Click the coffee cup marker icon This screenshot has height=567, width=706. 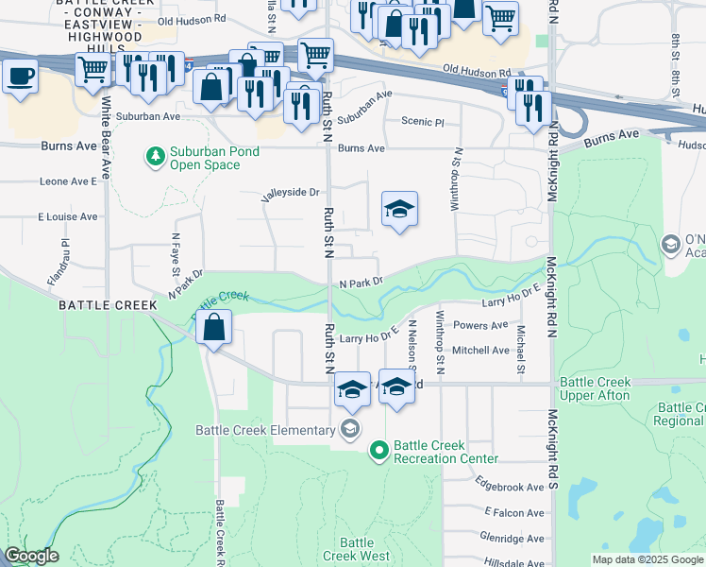pos(20,77)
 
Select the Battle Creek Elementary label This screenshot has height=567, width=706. pos(264,430)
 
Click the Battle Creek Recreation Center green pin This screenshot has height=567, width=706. pos(379,451)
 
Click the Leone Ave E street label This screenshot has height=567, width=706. pos(68,181)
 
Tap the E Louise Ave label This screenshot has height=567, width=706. pos(68,216)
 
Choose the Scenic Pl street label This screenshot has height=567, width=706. pos(422,122)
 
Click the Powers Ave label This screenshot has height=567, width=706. pos(481,326)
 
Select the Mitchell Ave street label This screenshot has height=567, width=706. pos(481,350)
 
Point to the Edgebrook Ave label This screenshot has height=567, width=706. pos(510,487)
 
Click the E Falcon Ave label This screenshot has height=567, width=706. pos(513,512)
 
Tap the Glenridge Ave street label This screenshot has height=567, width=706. pos(511,538)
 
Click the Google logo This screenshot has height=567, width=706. pos(31,556)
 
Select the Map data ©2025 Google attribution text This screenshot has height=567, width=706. pos(647,559)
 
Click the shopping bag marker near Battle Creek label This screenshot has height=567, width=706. pos(215,330)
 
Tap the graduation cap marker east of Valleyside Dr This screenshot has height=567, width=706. pos(399,210)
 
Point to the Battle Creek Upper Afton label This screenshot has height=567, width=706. pos(594,388)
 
